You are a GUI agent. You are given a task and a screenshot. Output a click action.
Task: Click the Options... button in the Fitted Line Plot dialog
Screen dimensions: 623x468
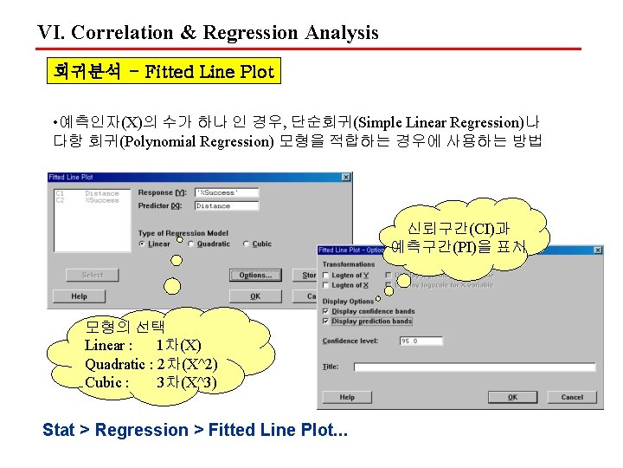click(x=255, y=275)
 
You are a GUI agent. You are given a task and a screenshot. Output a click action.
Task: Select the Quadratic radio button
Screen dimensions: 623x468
click(x=193, y=244)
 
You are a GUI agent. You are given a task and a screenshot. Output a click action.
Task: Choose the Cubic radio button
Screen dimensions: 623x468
click(x=247, y=244)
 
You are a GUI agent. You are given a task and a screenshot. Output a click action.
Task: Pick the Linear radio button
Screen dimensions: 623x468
click(x=143, y=244)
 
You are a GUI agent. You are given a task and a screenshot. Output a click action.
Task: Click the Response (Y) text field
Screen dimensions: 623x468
click(x=226, y=192)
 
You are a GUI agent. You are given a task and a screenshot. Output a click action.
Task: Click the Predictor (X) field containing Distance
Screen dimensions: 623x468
click(x=226, y=206)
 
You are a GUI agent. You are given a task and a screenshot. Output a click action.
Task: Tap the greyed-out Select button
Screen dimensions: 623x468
click(x=93, y=275)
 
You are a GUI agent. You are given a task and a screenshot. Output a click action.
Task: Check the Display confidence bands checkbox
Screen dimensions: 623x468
click(x=326, y=311)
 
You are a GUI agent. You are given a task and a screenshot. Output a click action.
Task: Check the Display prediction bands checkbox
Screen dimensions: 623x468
click(x=326, y=322)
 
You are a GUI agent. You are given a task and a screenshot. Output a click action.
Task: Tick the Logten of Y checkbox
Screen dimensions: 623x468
click(x=326, y=276)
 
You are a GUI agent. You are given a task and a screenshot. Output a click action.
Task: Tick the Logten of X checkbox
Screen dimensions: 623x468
click(x=326, y=285)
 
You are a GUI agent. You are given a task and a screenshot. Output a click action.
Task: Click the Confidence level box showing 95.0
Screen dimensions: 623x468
click(x=421, y=341)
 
